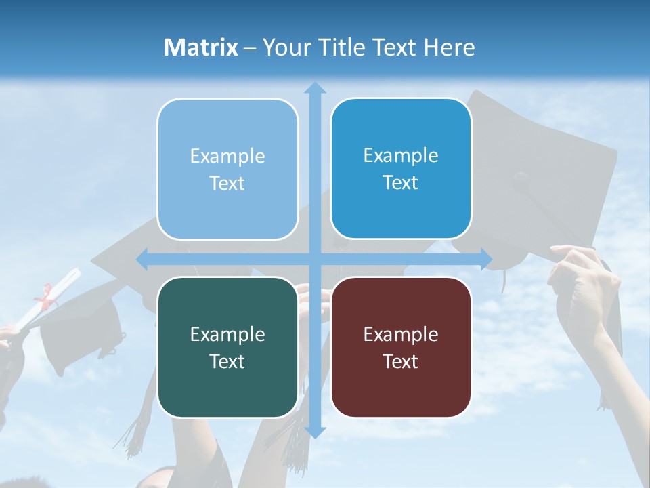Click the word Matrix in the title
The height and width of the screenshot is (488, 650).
click(201, 47)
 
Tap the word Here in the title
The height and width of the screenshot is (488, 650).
click(449, 47)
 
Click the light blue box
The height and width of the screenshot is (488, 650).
click(227, 169)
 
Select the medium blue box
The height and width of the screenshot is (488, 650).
click(401, 169)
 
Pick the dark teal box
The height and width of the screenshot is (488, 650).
click(227, 347)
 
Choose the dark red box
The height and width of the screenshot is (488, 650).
click(401, 347)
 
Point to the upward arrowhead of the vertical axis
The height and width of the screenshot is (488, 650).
click(315, 87)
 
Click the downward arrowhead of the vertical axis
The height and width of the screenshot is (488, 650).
click(315, 432)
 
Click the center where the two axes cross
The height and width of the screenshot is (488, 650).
click(315, 259)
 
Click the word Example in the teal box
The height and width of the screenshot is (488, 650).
click(227, 334)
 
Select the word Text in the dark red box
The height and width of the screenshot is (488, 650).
click(401, 361)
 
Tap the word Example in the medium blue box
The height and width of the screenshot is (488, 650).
click(401, 156)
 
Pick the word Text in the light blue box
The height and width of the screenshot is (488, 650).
click(227, 184)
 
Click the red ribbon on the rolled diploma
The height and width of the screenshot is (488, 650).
click(45, 296)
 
